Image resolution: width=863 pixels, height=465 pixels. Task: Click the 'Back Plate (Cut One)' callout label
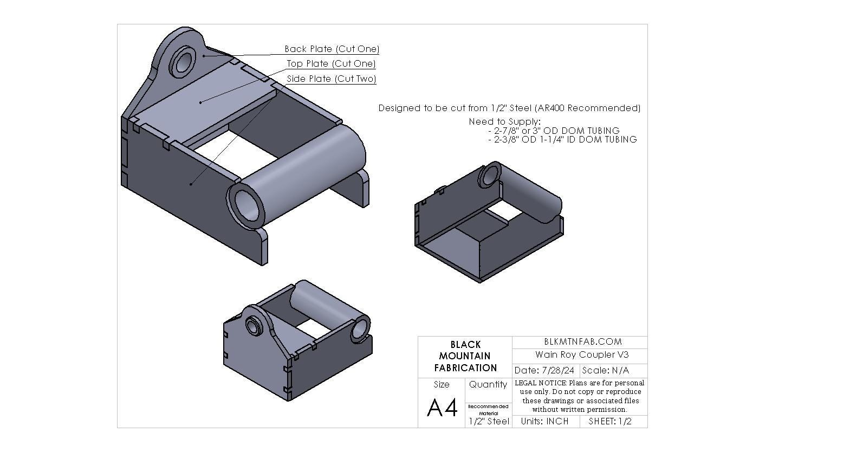coord(332,49)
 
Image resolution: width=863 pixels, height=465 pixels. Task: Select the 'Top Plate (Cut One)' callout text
coord(331,63)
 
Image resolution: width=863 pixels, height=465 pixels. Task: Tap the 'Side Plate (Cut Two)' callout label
coord(331,79)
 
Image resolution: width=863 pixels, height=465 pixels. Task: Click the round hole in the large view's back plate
coord(184,61)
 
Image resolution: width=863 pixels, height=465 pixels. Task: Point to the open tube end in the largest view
coord(247,204)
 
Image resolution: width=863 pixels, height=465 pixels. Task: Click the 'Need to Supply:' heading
coord(504,121)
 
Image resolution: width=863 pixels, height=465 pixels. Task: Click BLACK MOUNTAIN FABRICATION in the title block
coord(465,356)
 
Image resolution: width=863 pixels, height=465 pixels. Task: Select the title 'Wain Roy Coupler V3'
coord(582,354)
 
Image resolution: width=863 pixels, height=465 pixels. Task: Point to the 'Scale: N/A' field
coord(605,371)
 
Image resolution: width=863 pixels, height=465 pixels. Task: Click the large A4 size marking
coord(442,408)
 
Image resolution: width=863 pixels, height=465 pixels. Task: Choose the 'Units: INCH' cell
coord(544,421)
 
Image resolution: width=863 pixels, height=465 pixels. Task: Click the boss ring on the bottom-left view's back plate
coord(253,326)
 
